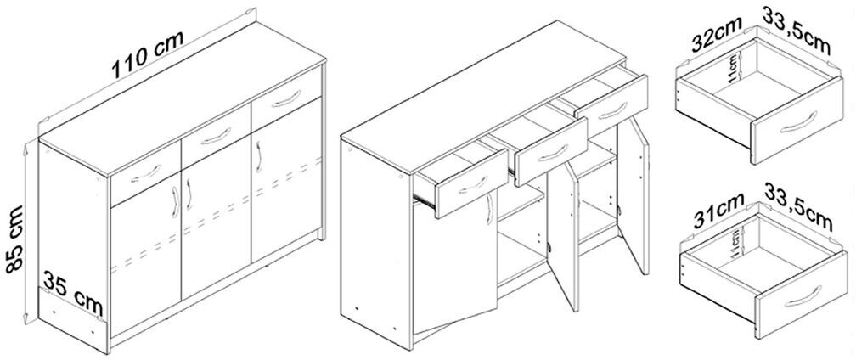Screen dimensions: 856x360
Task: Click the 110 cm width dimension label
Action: click(148, 53)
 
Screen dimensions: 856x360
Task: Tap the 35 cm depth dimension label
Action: click(73, 295)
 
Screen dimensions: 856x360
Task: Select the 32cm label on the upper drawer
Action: click(716, 34)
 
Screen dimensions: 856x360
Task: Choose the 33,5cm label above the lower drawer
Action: click(798, 213)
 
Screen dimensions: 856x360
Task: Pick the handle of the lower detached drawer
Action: click(802, 296)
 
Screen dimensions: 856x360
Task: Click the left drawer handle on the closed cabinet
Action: click(146, 172)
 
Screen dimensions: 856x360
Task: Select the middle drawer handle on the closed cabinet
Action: click(217, 136)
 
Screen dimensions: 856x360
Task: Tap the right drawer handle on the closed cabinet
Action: click(286, 98)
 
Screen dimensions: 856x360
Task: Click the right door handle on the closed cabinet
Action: click(258, 156)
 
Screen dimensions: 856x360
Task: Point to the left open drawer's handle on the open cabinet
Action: click(473, 185)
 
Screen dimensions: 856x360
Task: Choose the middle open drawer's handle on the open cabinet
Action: click(552, 154)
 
